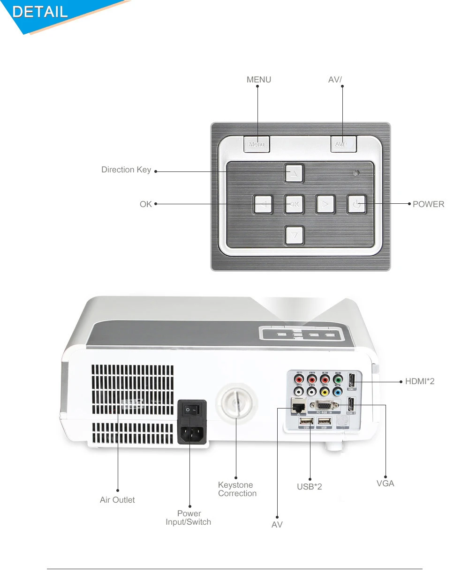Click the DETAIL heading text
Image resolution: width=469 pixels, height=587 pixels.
point(40,11)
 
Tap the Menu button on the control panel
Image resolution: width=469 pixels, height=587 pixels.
point(257,144)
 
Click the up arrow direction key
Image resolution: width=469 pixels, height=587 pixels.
point(294,173)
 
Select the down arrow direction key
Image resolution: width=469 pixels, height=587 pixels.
point(294,235)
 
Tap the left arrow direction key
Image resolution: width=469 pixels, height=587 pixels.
point(263,204)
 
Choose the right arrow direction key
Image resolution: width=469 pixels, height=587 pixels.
point(325,204)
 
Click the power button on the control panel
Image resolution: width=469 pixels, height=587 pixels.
point(356,204)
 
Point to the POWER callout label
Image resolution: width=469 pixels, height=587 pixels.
point(428,204)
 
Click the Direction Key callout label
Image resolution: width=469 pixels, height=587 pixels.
point(126,170)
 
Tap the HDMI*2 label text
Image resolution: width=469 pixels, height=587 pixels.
point(420,381)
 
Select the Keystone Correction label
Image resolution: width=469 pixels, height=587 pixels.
point(237,489)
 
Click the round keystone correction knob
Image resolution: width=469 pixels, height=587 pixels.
point(236,402)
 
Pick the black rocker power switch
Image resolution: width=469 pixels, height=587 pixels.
point(192,409)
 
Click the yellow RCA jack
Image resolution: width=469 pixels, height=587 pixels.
point(325,391)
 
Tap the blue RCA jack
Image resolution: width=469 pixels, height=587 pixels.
point(337,391)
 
